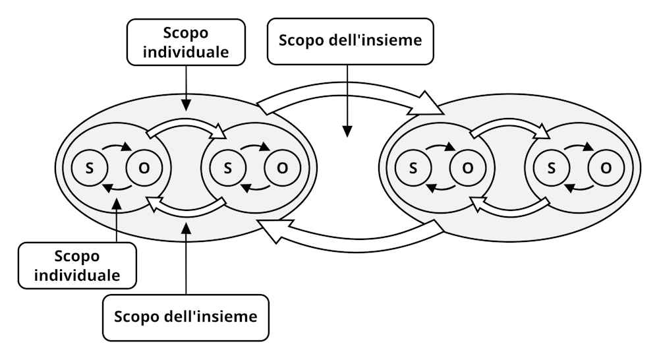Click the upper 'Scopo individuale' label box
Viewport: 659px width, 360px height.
[186, 42]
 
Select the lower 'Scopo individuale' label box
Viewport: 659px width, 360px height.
[77, 265]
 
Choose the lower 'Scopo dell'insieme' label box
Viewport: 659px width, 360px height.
[186, 316]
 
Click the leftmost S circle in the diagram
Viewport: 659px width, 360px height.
[89, 168]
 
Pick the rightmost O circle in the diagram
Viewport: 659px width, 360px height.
[605, 168]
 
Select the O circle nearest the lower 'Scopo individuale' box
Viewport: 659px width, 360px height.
[143, 168]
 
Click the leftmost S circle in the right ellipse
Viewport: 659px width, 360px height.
[413, 168]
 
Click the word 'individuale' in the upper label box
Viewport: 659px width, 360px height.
[186, 52]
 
